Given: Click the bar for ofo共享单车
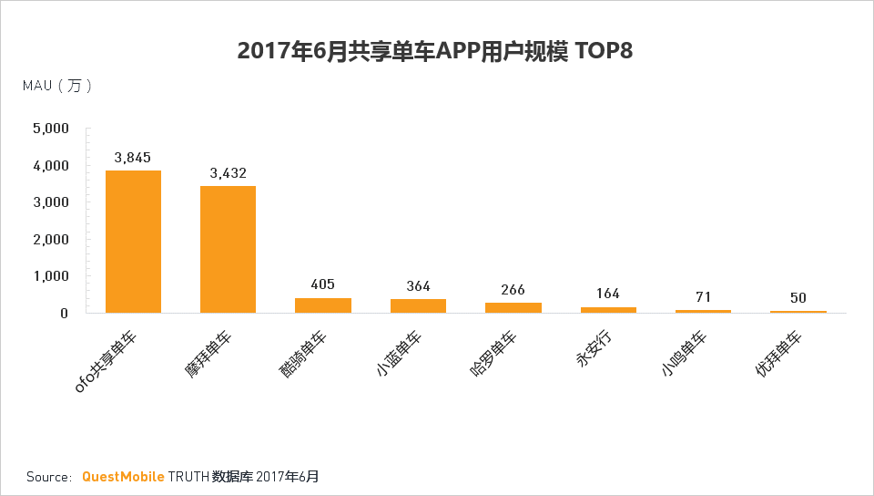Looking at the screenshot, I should point(133,242).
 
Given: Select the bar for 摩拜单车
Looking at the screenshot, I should point(228,249).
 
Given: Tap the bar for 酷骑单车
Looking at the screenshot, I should point(322,305).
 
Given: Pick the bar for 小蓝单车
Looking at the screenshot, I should point(418,306).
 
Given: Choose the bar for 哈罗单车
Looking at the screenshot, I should point(513,307).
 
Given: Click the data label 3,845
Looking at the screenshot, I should point(133,158).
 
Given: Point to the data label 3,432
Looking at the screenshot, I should point(228,173).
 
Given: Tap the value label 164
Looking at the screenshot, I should point(607,294).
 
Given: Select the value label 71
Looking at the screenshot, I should point(702,297).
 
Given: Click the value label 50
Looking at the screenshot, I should point(798,298).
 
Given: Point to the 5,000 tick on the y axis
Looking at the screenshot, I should point(50,129).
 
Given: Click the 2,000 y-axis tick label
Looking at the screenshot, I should point(50,240).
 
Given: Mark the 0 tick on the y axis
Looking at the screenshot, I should point(64,313).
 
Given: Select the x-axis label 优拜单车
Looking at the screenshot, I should point(783,356).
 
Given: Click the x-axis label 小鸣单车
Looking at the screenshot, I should point(687,356).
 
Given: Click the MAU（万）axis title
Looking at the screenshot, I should point(56,86).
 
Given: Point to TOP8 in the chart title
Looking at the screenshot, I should point(602,51).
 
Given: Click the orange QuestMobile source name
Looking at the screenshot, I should point(123,477).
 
